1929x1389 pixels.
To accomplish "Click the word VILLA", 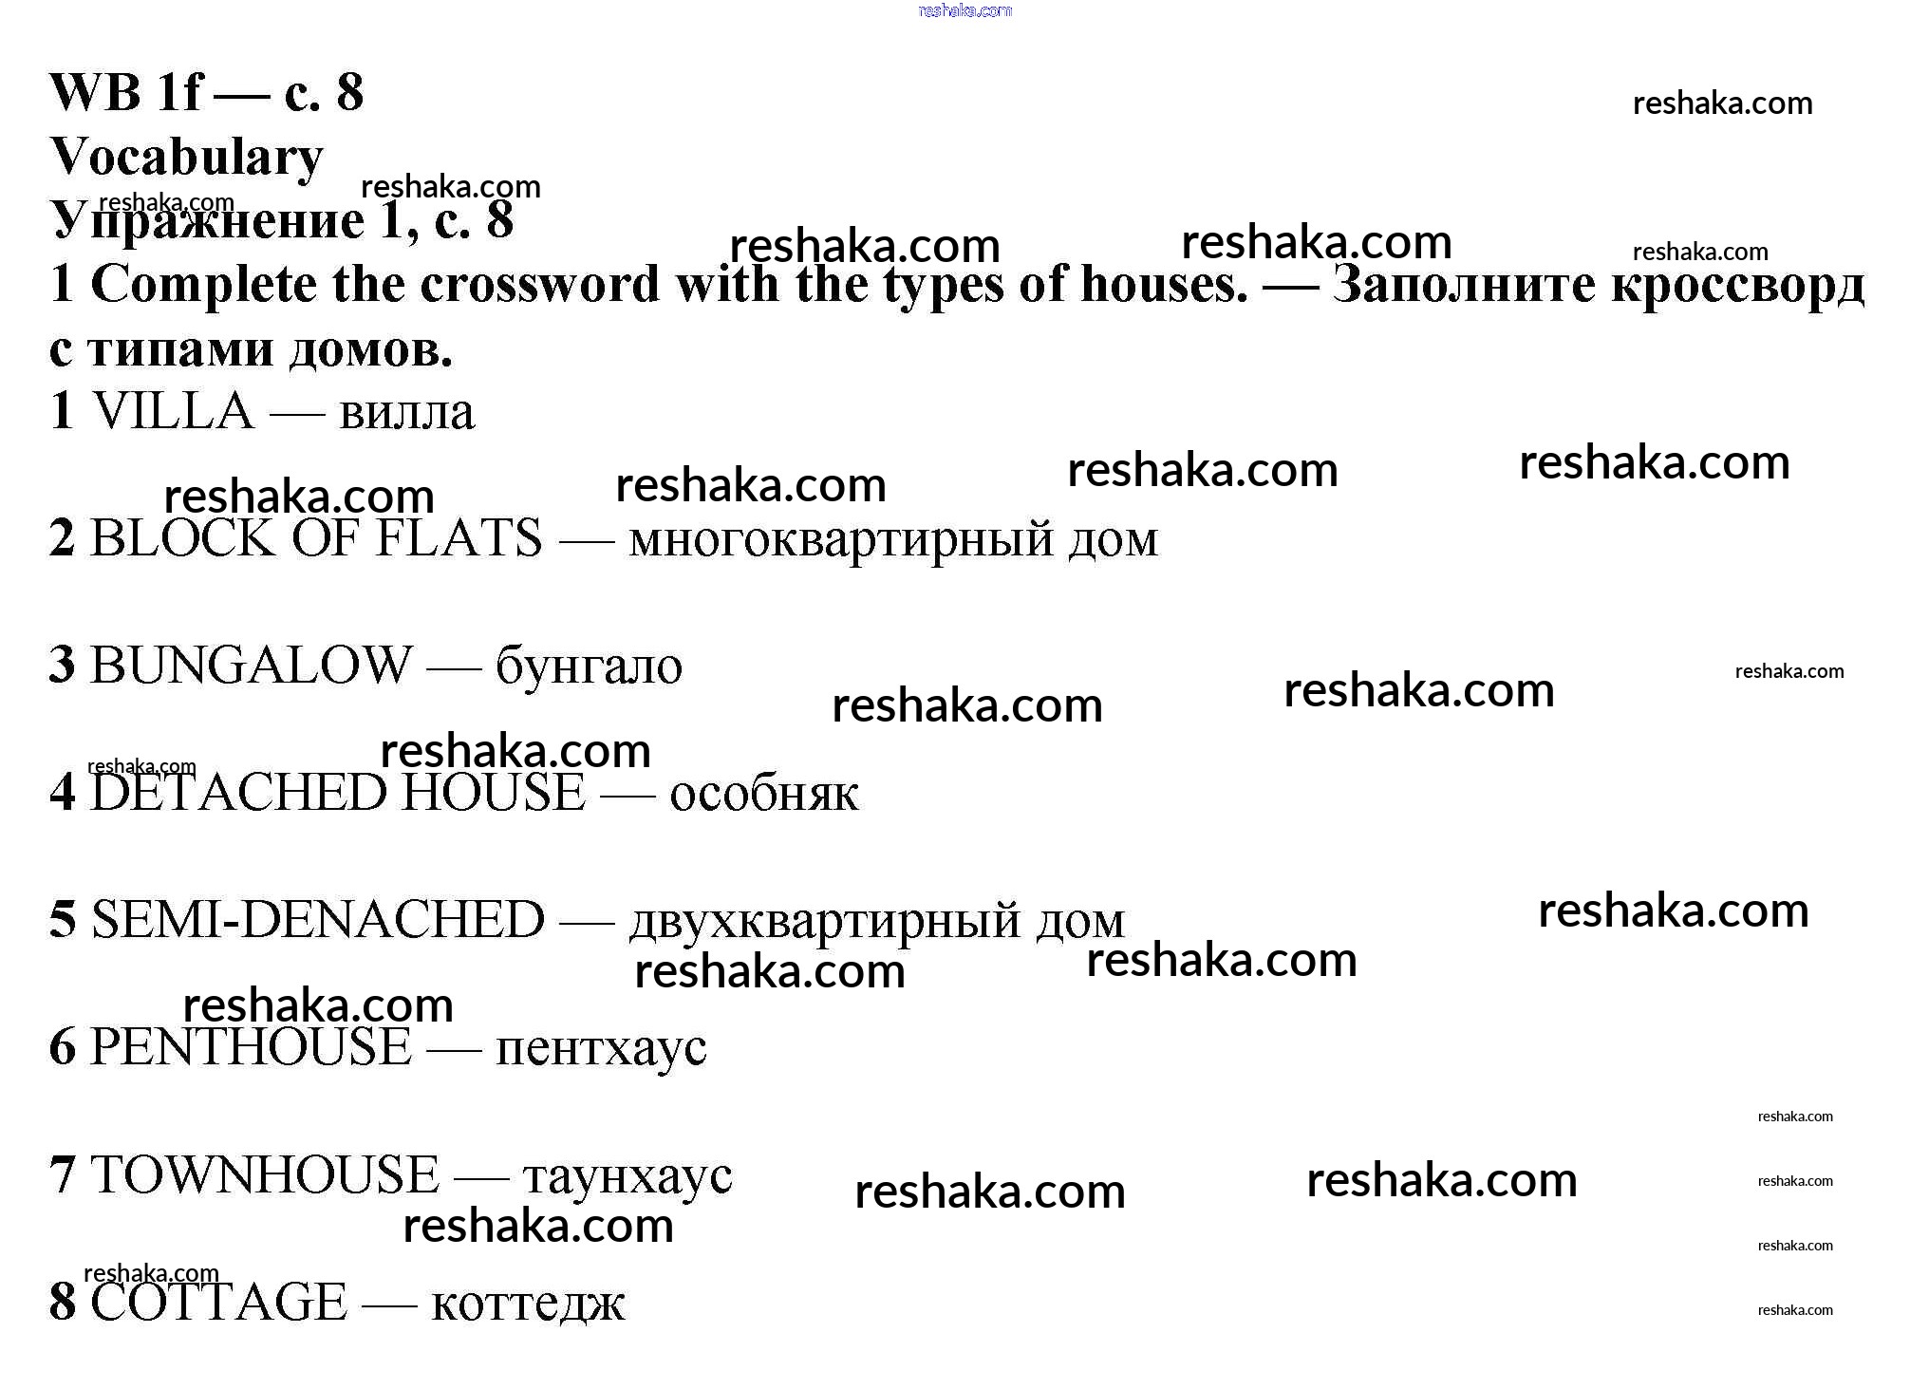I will click(x=173, y=412).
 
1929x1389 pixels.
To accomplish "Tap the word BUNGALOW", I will click(x=251, y=665).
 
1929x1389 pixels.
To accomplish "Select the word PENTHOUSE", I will click(x=251, y=1047).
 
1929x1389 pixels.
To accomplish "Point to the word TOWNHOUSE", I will click(x=265, y=1174).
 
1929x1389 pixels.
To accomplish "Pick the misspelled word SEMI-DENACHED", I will click(x=318, y=919).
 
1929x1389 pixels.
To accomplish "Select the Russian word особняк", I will click(x=764, y=794).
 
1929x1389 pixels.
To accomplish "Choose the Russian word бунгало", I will click(x=589, y=666).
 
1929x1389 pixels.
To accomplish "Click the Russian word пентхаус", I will click(x=601, y=1049).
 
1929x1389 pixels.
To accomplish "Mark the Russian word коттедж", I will click(x=528, y=1303).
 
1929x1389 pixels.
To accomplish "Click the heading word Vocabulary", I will click(x=186, y=158).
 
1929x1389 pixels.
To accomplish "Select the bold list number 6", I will click(x=62, y=1047).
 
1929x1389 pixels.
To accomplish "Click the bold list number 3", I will click(x=62, y=665).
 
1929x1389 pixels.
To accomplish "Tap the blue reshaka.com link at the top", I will click(x=964, y=10).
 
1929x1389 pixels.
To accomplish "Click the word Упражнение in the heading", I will click(x=207, y=221).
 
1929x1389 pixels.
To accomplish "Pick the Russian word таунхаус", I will click(x=627, y=1176).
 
